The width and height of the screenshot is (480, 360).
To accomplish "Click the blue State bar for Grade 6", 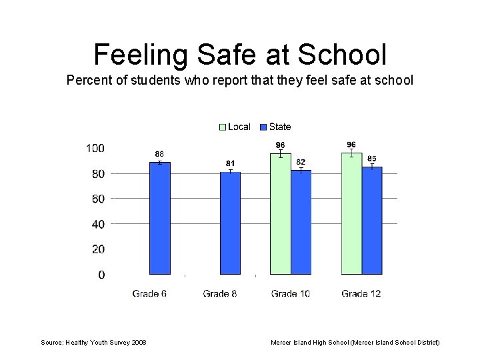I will [x=160, y=218].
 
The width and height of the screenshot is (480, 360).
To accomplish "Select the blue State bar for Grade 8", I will [x=230, y=223].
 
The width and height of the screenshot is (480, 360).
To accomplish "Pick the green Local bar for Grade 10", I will [x=281, y=214].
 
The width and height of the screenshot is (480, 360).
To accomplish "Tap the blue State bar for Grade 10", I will [x=301, y=222].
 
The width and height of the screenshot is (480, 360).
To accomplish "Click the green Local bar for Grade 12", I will [x=351, y=214].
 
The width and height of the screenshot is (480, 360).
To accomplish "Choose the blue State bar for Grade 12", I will [x=372, y=221].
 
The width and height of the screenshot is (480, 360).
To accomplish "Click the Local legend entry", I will [x=235, y=127].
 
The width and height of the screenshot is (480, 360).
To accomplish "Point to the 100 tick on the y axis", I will [x=95, y=148].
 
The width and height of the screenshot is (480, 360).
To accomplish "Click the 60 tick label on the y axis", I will [x=97, y=199].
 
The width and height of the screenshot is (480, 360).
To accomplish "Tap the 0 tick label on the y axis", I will [x=101, y=275].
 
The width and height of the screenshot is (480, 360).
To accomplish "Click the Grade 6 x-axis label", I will [x=149, y=293].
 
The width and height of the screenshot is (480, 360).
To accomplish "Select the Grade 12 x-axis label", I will [x=361, y=293].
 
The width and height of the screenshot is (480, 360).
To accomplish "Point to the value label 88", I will [x=160, y=153].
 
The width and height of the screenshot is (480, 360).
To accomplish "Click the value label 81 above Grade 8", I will [x=230, y=163].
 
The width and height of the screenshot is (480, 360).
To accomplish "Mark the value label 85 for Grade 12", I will [x=372, y=159].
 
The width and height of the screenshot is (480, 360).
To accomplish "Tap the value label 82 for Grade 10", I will [x=301, y=162].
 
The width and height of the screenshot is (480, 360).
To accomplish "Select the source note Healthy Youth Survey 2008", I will [x=94, y=343].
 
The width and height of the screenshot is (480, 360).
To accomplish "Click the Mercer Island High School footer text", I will [x=355, y=343].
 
